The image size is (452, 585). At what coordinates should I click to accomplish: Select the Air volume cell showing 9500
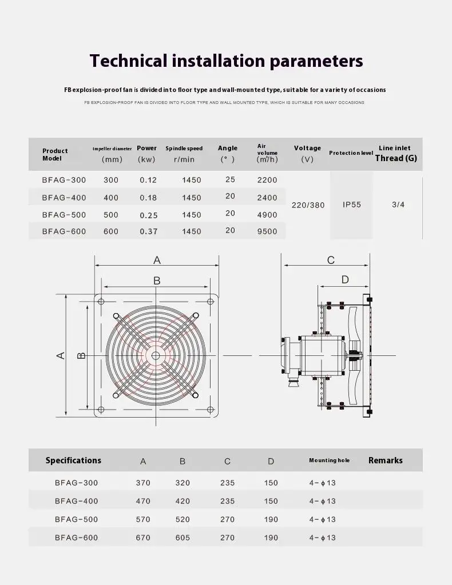(x=267, y=231)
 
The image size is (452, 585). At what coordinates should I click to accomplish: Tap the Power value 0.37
(x=149, y=231)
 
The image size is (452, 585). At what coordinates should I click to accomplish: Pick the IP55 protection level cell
(x=352, y=205)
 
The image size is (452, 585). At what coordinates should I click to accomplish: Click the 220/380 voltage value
(x=308, y=205)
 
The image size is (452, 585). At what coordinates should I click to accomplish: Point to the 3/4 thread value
(x=398, y=205)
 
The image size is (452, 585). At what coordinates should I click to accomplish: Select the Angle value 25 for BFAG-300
(x=230, y=179)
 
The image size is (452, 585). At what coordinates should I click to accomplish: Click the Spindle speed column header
(x=184, y=149)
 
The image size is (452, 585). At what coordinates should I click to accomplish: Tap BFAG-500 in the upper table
(x=64, y=215)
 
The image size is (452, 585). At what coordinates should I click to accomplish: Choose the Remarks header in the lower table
(x=385, y=460)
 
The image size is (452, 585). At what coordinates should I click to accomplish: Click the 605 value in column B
(x=183, y=538)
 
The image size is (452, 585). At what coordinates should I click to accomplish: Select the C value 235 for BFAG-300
(x=227, y=483)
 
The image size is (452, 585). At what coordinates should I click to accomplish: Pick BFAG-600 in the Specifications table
(x=77, y=538)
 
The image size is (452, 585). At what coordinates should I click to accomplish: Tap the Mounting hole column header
(x=329, y=460)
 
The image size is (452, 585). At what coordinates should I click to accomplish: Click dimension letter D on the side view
(x=345, y=279)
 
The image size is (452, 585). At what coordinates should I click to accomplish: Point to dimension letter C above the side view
(x=331, y=261)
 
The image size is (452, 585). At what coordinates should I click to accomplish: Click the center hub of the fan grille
(x=156, y=355)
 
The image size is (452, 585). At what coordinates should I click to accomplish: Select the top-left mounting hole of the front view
(x=101, y=301)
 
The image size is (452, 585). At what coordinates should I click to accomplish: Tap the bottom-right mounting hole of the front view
(x=210, y=409)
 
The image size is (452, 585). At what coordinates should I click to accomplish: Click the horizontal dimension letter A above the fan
(x=157, y=261)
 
